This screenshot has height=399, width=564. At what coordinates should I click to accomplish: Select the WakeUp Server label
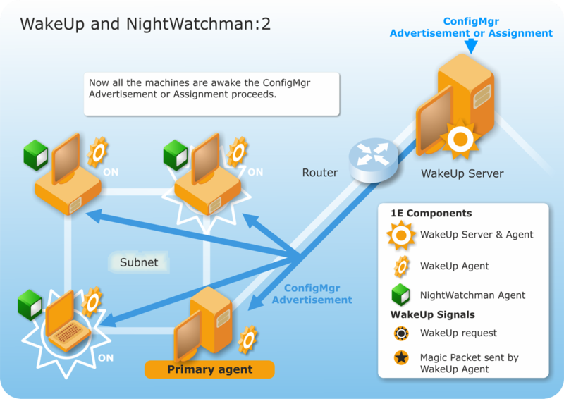(x=462, y=173)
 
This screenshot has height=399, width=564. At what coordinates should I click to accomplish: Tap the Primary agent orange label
(x=209, y=369)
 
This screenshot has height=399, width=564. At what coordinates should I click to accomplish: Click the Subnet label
(x=139, y=262)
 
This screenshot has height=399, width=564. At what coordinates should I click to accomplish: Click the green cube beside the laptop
(x=31, y=302)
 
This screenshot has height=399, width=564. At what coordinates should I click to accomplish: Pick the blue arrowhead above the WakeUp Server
(x=472, y=47)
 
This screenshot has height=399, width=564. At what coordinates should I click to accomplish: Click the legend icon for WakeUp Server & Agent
(x=401, y=235)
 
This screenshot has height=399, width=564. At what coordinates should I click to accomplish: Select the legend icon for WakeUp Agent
(x=401, y=266)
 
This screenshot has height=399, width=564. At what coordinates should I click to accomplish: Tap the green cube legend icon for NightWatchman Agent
(x=401, y=295)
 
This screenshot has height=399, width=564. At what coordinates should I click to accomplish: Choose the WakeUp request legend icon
(x=401, y=333)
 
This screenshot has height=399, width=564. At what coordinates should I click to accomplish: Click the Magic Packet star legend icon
(x=401, y=358)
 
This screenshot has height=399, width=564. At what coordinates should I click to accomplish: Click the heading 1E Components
(x=431, y=213)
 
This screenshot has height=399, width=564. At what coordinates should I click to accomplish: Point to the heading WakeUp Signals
(x=432, y=314)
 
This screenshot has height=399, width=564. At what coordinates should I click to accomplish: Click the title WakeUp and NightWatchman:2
(x=145, y=24)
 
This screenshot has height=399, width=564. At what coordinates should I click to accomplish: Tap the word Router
(x=320, y=173)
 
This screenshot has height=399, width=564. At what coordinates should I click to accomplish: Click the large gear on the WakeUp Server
(x=460, y=140)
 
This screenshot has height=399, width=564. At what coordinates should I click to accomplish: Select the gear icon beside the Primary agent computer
(x=247, y=340)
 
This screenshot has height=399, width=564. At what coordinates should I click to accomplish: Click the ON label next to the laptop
(x=106, y=358)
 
